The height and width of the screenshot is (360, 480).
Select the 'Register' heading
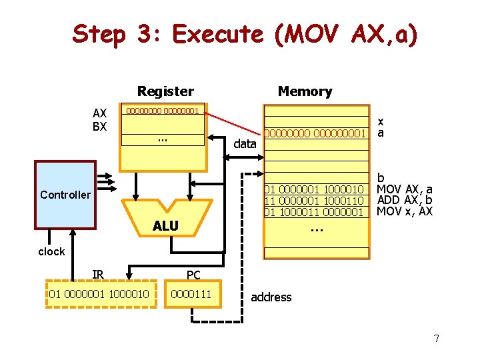[x=165, y=91]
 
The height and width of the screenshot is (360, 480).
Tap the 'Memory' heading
[x=305, y=91]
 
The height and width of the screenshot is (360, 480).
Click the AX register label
[x=99, y=113]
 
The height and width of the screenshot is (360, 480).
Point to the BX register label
[x=99, y=126]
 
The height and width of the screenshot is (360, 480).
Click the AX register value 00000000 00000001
[x=163, y=111]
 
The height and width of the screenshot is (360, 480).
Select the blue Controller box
[x=65, y=195]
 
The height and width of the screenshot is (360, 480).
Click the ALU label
[x=165, y=226]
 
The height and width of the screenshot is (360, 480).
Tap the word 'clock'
[x=51, y=251]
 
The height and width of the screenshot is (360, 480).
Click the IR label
[x=98, y=274]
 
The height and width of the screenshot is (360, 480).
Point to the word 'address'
[x=271, y=297]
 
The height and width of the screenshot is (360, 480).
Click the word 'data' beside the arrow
[x=245, y=143]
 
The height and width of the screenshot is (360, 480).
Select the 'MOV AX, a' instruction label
[x=405, y=189]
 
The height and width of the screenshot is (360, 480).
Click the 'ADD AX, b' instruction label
[x=405, y=200]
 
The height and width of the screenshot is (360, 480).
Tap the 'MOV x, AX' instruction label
[x=405, y=211]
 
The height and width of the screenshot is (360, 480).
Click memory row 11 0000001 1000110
[x=314, y=201]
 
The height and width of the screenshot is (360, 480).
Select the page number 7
[x=436, y=339]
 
